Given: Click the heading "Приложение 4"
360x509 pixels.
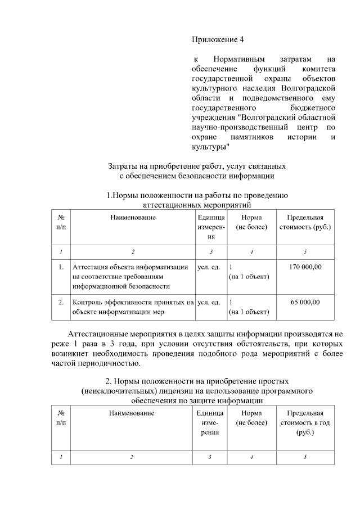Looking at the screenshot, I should click(218, 39).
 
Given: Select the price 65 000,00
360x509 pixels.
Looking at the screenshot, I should click(305, 302).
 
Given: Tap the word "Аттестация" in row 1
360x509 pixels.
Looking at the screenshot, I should click(92, 267).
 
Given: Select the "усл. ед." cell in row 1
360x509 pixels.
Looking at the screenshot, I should click(209, 267).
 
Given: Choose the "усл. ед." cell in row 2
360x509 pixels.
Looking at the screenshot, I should click(209, 302).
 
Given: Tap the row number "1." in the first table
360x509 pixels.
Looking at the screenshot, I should click(60, 267).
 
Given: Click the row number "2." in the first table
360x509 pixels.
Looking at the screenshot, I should click(60, 302).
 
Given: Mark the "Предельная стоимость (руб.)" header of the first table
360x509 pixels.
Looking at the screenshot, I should click(305, 222).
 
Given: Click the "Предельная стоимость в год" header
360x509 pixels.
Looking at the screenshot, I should click(305, 423).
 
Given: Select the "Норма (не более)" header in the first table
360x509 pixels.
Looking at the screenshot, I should click(251, 222).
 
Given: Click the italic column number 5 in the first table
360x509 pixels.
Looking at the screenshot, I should click(305, 251).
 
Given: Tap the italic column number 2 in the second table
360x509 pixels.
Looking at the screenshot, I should click(132, 457).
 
